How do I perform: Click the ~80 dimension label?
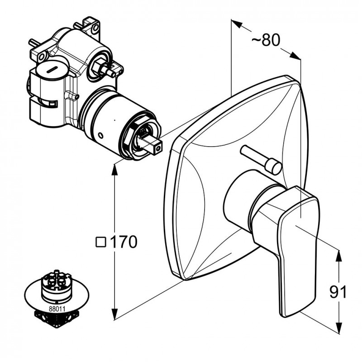coord(266,40)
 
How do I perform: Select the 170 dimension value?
coord(124,242)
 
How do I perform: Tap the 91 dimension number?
coord(338,292)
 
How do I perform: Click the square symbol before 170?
coord(101,243)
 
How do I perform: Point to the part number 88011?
coord(57,309)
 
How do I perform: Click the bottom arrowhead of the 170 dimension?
coord(115,314)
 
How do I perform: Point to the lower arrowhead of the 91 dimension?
coord(338,328)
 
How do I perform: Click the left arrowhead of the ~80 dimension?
coord(237,24)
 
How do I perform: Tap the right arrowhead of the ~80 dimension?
coord(295,55)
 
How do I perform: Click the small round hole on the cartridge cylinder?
coord(100,135)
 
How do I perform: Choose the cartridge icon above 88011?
coord(56,286)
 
